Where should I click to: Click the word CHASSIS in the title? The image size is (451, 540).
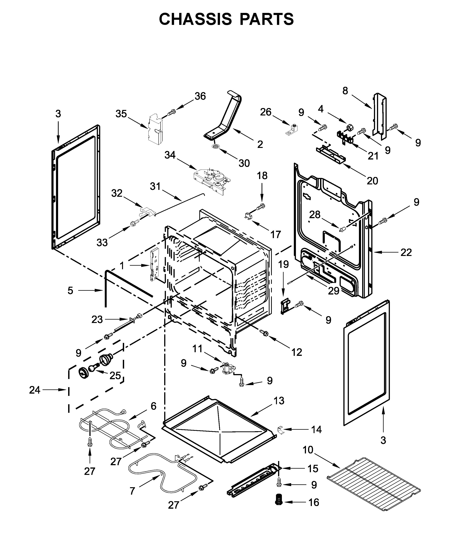point(196,19)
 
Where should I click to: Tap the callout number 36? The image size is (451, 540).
point(200,96)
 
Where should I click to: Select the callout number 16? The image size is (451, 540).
point(314,502)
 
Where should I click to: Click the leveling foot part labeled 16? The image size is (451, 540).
point(279,499)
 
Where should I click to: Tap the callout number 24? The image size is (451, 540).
point(35,390)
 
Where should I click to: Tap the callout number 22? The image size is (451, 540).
point(406,253)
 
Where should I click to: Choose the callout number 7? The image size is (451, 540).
point(132,491)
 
